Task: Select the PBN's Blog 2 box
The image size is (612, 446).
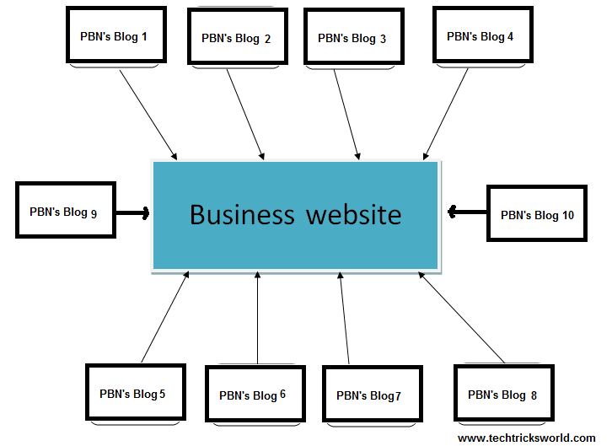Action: (x=236, y=38)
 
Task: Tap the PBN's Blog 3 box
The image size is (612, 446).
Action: (x=352, y=38)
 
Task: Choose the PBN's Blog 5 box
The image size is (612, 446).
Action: (x=134, y=394)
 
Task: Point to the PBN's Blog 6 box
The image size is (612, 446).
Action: (x=254, y=395)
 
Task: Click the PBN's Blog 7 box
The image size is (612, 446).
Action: (x=371, y=395)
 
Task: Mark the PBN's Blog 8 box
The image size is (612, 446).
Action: (x=502, y=395)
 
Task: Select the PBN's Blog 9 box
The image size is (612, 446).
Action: (x=65, y=212)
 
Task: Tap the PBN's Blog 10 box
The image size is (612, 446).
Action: (x=536, y=215)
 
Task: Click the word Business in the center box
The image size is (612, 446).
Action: (x=243, y=214)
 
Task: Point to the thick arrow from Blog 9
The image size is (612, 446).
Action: (x=133, y=212)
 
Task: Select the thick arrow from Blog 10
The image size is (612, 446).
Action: (x=467, y=212)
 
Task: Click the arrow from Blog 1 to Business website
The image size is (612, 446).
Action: (x=148, y=114)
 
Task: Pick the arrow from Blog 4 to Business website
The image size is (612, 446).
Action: (x=446, y=113)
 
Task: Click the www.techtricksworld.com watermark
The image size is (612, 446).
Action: (x=526, y=438)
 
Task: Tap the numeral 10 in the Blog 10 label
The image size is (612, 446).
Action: (x=567, y=215)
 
